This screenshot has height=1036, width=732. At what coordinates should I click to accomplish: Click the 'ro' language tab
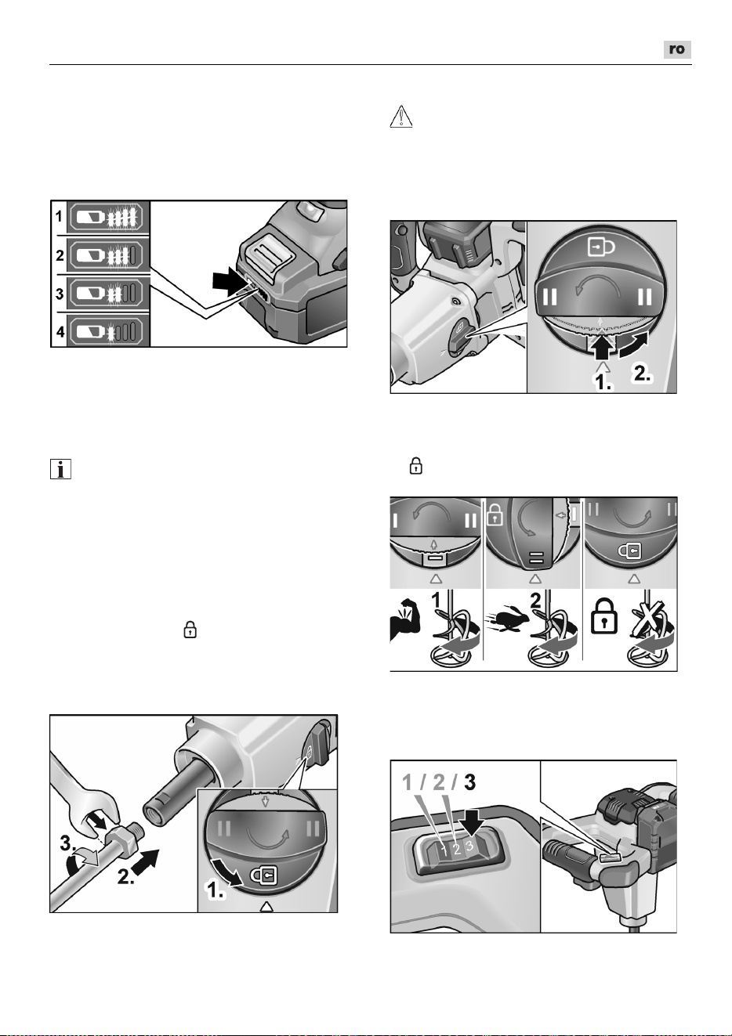[677, 49]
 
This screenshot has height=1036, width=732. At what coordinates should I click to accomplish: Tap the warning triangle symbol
[401, 116]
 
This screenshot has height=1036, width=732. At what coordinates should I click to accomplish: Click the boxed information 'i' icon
[60, 469]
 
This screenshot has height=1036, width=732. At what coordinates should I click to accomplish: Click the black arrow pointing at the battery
[229, 281]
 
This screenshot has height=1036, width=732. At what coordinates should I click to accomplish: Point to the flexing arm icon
[407, 619]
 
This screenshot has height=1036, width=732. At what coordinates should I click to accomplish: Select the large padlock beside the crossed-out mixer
[604, 617]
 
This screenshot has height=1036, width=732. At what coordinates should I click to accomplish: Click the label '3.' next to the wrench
[68, 843]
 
